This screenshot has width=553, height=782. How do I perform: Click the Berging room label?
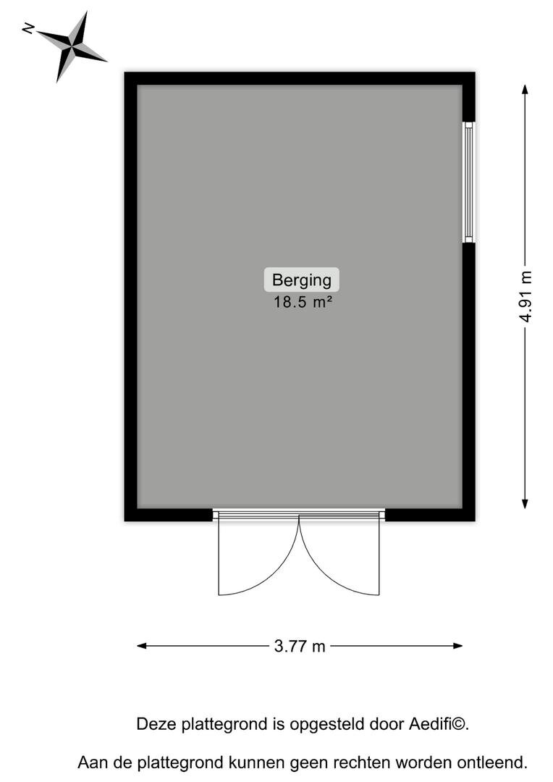tap(302, 279)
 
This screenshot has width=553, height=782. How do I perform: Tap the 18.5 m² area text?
tap(303, 302)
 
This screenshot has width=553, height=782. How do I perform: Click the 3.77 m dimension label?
tap(300, 647)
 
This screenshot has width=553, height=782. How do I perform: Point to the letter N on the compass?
tap(28, 28)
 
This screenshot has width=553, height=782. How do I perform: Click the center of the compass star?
tap(72, 46)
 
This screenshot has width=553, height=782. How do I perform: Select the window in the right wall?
tap(468, 182)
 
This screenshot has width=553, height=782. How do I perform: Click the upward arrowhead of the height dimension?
tap(525, 89)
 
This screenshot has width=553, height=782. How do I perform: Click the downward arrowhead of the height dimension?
tap(525, 504)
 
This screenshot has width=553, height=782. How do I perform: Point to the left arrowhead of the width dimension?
tap(142, 646)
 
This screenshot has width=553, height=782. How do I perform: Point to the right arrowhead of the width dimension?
tap(457, 646)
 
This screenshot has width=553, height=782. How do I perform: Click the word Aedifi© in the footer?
tap(439, 723)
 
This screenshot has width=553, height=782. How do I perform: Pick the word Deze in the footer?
tap(156, 723)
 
